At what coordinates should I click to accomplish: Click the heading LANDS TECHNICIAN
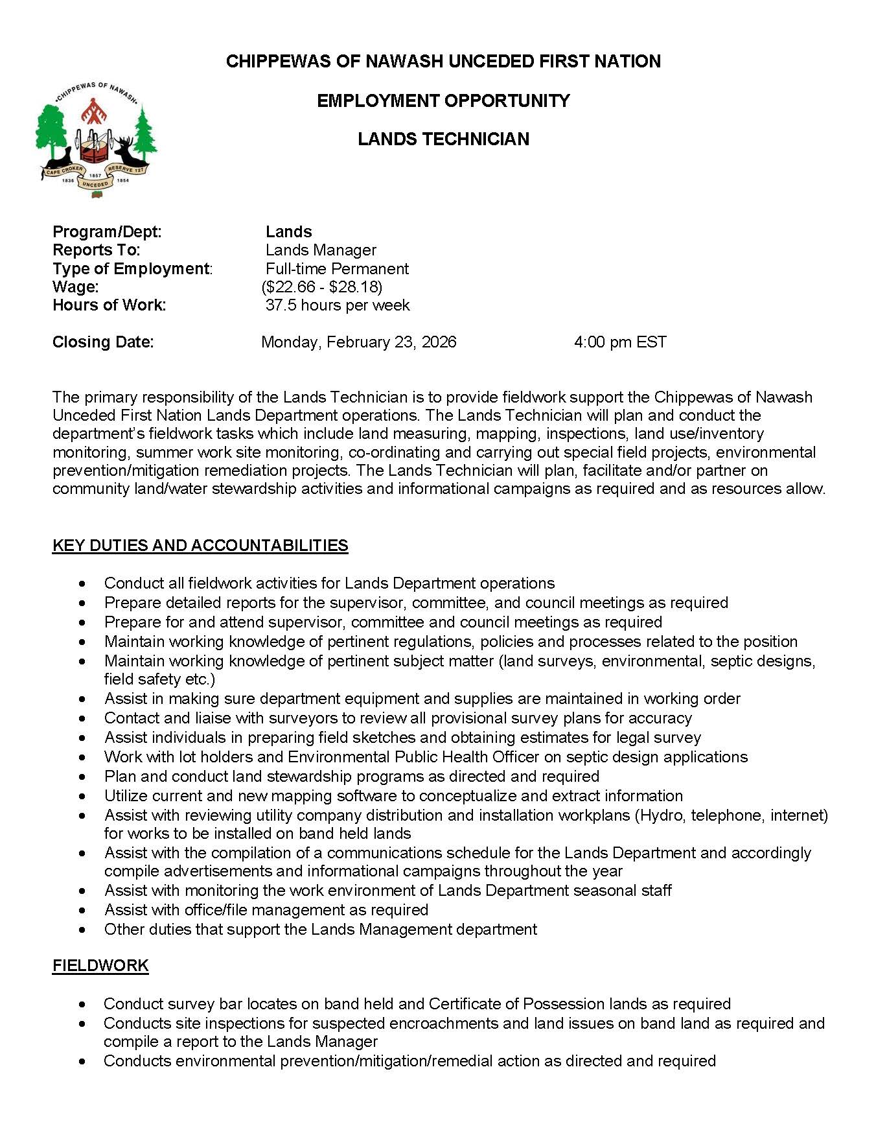coord(443,139)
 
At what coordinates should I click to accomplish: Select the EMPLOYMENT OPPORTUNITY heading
coord(443,101)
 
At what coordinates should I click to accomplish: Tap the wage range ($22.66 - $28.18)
coord(322,287)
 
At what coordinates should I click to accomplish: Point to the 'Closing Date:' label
coord(103,342)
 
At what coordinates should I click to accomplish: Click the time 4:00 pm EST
coord(619,342)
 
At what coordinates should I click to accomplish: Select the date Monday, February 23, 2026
coord(358,342)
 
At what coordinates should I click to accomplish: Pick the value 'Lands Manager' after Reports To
coord(321,250)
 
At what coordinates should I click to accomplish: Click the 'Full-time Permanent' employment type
coord(337,269)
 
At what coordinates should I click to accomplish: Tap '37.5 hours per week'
coord(338,305)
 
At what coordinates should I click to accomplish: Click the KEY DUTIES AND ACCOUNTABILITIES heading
coord(200,546)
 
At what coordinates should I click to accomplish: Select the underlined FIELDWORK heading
coord(100,966)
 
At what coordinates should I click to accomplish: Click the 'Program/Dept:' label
coord(107,232)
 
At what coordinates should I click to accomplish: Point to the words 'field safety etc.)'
coord(159,679)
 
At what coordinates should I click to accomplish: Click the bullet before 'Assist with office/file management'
coord(82,910)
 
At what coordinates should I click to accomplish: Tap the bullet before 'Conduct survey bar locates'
coord(82,1004)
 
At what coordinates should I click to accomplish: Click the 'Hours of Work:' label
coord(109,305)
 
